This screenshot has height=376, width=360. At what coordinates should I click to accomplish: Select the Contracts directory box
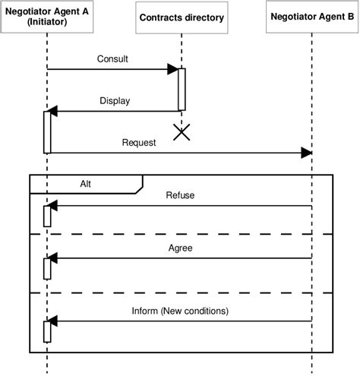[x=182, y=17]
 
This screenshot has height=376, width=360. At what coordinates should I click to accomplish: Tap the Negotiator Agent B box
[x=312, y=17]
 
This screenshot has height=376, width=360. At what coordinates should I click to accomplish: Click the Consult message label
[x=112, y=59]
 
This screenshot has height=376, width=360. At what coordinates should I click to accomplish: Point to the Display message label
[x=115, y=100]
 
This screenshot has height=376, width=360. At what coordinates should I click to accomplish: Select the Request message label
[x=138, y=142]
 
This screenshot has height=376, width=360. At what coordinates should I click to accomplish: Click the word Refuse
[x=180, y=195]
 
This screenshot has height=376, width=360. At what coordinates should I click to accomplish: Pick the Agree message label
[x=180, y=248]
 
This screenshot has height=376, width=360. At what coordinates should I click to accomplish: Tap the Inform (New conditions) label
[x=180, y=310]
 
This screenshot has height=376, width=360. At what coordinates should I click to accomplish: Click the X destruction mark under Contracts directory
[x=182, y=133]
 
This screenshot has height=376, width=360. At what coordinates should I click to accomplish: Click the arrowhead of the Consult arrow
[x=172, y=70]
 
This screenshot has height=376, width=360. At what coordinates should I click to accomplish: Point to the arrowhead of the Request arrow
[x=306, y=153]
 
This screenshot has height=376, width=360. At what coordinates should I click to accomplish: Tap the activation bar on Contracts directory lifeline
[x=182, y=89]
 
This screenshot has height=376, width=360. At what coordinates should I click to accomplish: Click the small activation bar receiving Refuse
[x=47, y=215]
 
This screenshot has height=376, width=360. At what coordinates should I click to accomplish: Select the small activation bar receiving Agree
[x=47, y=268]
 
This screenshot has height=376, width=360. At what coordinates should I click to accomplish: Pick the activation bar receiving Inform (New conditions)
[x=47, y=330]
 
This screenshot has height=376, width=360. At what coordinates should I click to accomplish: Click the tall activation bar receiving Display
[x=47, y=131]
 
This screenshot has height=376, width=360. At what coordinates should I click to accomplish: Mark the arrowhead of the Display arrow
[x=55, y=112]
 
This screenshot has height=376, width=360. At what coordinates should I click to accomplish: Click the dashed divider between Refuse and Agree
[x=181, y=234]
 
